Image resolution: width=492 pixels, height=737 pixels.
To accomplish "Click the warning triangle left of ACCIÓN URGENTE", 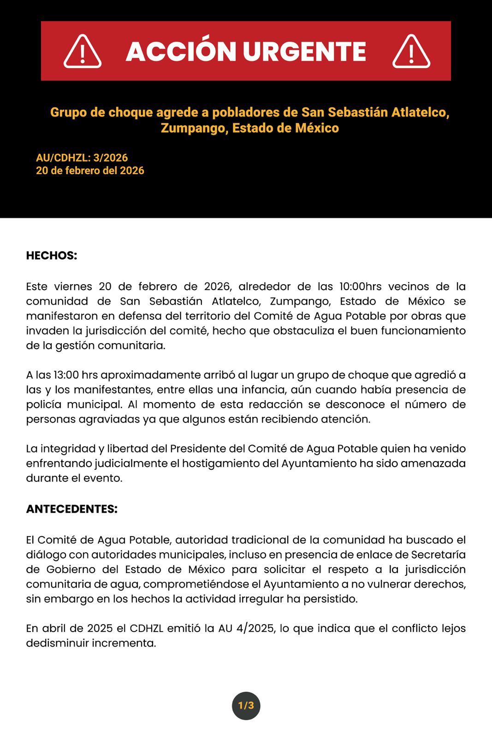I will (x=83, y=52).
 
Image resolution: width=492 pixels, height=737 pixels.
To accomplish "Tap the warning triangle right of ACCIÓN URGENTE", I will (x=411, y=52).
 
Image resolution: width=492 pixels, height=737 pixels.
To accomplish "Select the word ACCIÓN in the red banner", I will (x=181, y=51).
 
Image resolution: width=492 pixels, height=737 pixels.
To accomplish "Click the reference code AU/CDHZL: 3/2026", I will (x=82, y=158).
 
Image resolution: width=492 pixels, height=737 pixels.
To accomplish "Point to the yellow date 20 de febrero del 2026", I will (x=90, y=170).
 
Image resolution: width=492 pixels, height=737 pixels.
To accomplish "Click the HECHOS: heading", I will (x=52, y=256).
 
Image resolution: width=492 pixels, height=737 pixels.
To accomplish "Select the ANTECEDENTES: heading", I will (x=72, y=509).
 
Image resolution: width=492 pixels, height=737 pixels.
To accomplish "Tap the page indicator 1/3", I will (x=246, y=705).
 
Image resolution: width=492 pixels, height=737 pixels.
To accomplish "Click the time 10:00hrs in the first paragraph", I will (x=360, y=287).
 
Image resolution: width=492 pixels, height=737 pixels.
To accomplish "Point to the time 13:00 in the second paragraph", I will (x=66, y=375).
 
